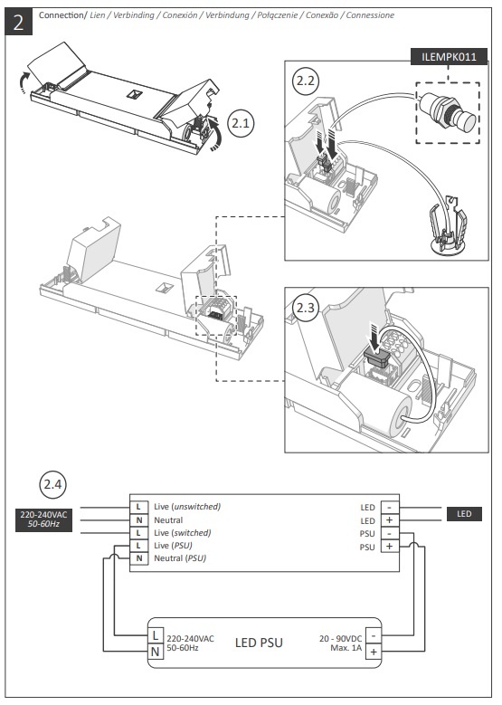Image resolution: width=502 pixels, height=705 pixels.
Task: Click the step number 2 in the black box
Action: [x=18, y=22]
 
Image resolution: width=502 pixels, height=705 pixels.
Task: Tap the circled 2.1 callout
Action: [x=241, y=123]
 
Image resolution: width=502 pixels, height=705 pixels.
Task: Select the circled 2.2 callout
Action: [x=306, y=81]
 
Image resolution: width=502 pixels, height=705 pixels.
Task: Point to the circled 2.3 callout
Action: [x=306, y=308]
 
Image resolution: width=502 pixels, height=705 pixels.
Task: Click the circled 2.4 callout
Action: [x=52, y=485]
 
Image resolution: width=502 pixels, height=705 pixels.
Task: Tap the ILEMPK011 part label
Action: [x=449, y=57]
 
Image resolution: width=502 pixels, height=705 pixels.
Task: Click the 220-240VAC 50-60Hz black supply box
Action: [x=43, y=519]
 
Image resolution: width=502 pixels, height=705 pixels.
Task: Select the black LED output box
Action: [x=464, y=514]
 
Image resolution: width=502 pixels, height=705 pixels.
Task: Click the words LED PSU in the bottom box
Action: [x=259, y=643]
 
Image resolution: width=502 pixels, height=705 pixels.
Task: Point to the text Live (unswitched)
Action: [x=187, y=507]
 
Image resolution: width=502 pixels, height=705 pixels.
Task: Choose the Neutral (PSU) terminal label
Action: [x=180, y=558]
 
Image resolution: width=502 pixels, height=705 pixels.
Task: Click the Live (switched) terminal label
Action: [x=183, y=533]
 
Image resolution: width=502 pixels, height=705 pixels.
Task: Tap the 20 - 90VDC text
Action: [x=340, y=638]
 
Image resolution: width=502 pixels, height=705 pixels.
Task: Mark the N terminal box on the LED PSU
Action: [x=156, y=652]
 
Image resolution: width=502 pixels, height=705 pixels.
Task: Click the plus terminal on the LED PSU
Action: [x=374, y=652]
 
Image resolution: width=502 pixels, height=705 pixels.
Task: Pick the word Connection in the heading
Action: [x=62, y=14]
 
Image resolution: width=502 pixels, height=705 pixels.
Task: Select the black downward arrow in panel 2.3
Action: [x=374, y=336]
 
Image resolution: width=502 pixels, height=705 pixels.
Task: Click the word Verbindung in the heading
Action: [x=227, y=15]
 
